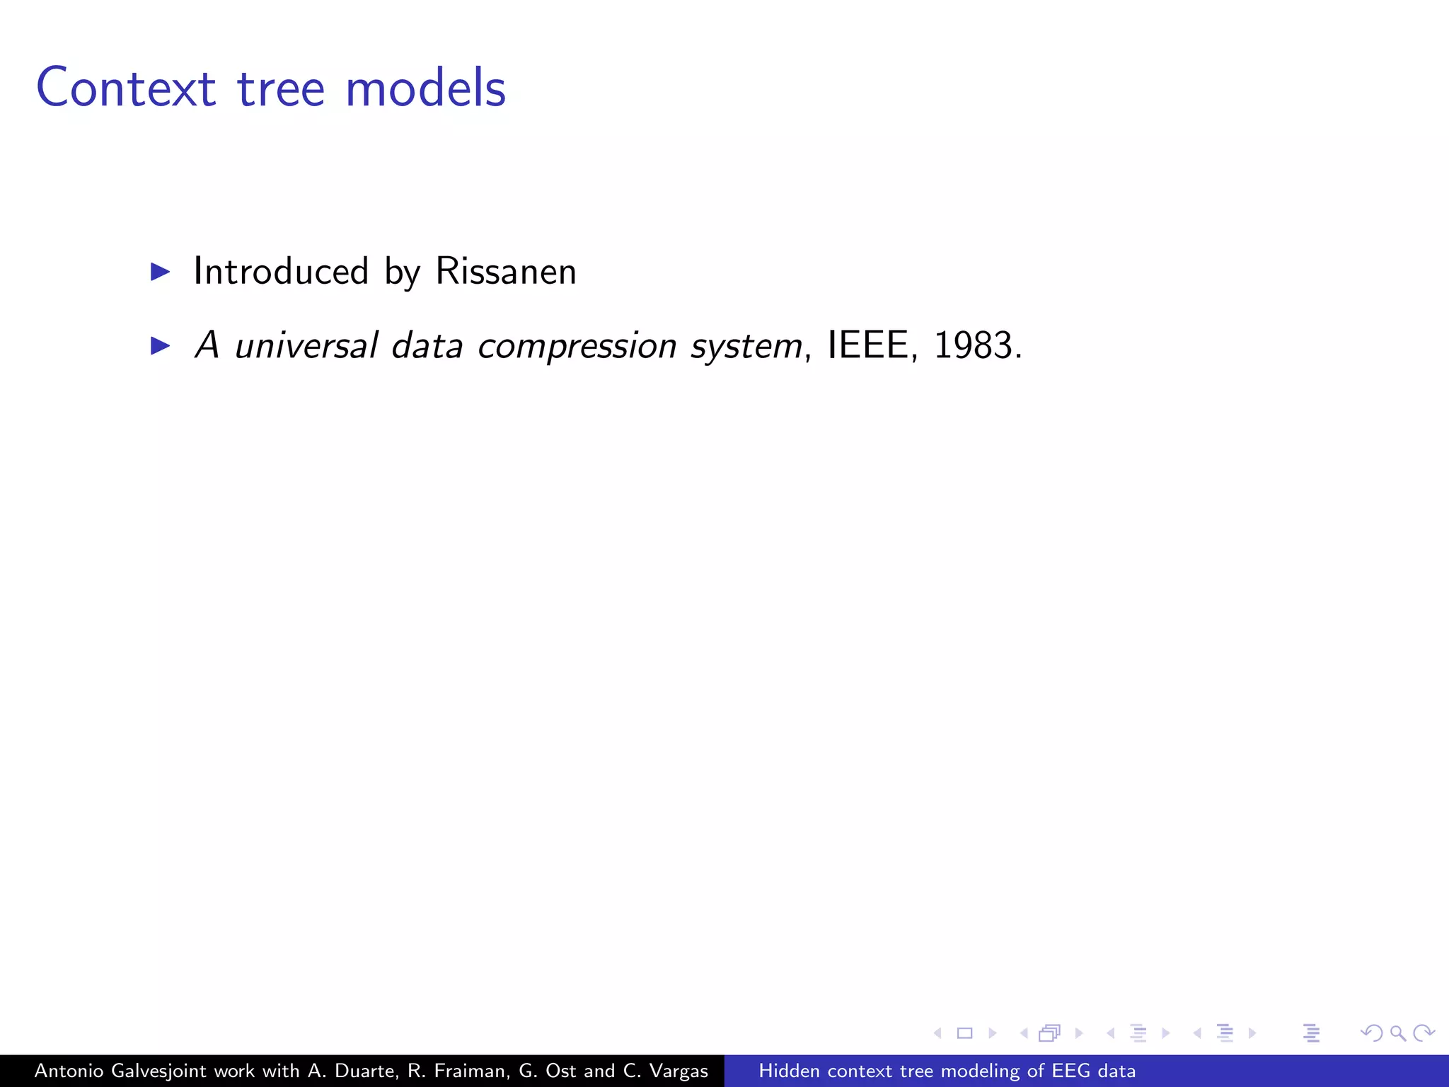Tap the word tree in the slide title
coord(281,89)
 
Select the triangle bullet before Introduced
coord(161,272)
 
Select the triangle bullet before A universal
coord(161,345)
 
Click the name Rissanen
coord(506,272)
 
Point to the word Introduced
coord(281,272)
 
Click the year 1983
coord(973,346)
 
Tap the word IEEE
coord(867,346)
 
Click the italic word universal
coord(306,346)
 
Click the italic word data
coord(427,346)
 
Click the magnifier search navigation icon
coord(1397,1033)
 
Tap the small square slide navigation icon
coord(964,1033)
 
